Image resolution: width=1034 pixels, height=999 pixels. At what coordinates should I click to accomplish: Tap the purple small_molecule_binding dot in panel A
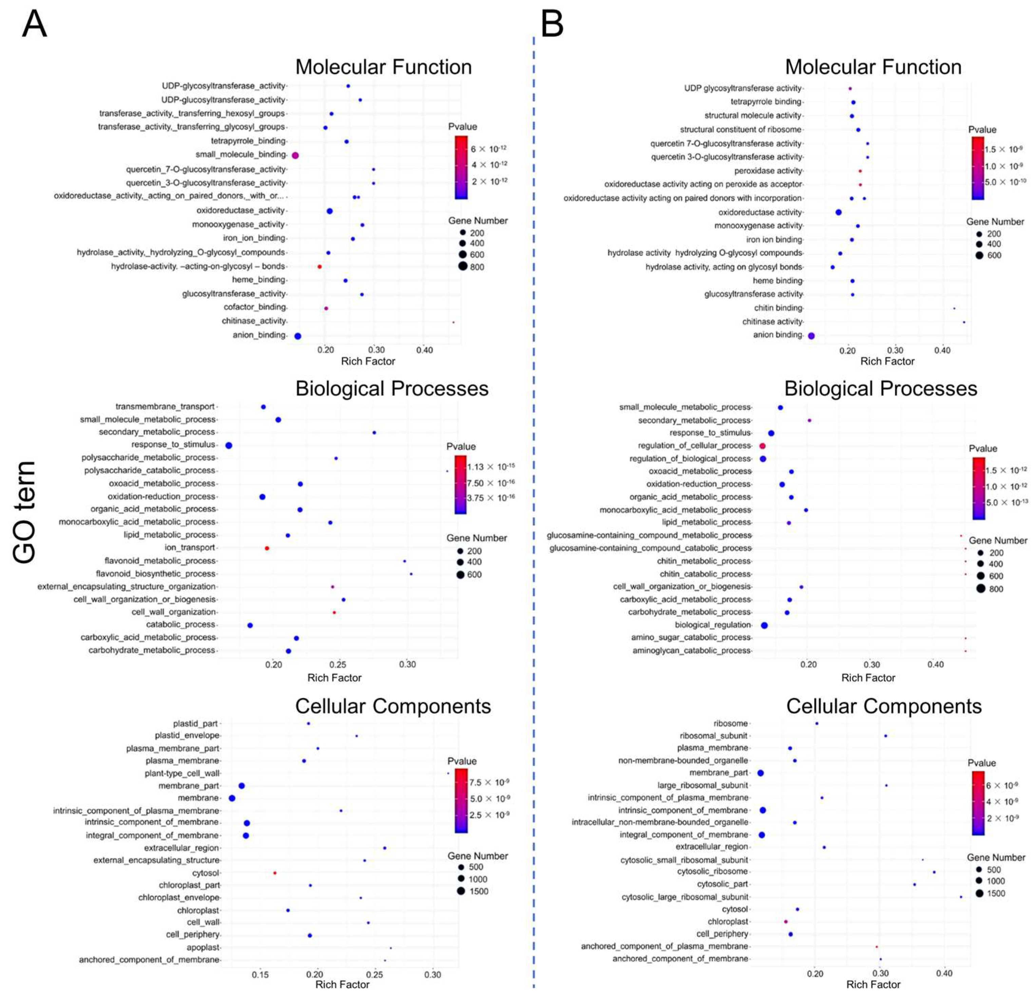point(295,155)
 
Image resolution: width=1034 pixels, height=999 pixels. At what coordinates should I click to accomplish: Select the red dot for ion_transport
point(267,548)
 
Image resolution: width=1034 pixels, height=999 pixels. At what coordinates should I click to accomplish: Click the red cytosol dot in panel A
point(275,873)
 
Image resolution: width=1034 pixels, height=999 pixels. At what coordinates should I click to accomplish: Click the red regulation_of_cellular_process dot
point(762,446)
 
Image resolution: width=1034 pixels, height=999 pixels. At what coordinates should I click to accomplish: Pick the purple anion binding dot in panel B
point(811,335)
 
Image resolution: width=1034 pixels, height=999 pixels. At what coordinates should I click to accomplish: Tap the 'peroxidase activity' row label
point(768,171)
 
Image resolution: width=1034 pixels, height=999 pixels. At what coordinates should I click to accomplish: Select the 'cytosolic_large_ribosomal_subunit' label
point(685,897)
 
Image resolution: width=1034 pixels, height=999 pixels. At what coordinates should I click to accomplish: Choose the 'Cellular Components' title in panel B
point(884,706)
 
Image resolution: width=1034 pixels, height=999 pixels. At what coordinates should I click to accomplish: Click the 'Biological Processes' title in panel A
point(391,389)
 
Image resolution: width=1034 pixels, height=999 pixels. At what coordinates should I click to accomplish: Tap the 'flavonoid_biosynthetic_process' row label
point(156,573)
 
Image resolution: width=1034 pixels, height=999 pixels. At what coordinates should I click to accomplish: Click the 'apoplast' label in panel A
point(203,947)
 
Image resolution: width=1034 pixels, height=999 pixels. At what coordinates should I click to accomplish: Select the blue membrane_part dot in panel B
point(760,773)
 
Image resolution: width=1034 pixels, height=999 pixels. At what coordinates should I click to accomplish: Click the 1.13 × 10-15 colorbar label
point(491,466)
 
